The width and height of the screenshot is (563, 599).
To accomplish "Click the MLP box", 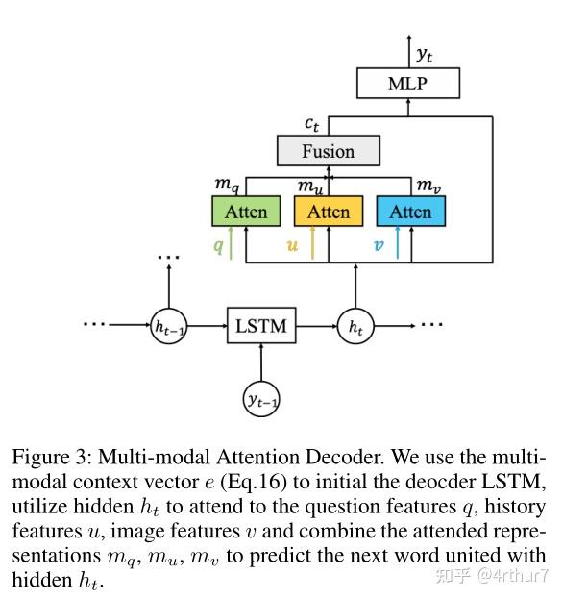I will [x=407, y=84].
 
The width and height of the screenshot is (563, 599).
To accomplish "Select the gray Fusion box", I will [x=328, y=151].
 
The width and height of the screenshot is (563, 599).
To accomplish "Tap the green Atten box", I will [x=246, y=212].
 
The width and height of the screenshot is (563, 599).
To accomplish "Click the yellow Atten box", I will [x=329, y=212].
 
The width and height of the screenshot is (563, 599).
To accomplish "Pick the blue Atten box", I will [x=410, y=212].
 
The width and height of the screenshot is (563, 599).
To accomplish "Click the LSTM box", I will [x=260, y=326].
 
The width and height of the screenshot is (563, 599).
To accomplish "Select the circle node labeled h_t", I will [x=355, y=327].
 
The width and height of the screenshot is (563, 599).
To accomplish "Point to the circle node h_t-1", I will [x=169, y=327].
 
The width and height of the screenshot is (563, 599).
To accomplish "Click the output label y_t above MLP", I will [x=425, y=55].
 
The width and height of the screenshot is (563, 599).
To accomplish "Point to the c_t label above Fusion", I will [x=311, y=123].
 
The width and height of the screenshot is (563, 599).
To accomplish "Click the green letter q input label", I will [x=218, y=245].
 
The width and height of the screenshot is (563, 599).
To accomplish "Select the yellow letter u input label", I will [x=294, y=245].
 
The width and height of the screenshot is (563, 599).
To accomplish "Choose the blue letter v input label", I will [x=378, y=245].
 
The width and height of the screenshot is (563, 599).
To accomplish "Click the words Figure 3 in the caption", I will [x=47, y=456].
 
